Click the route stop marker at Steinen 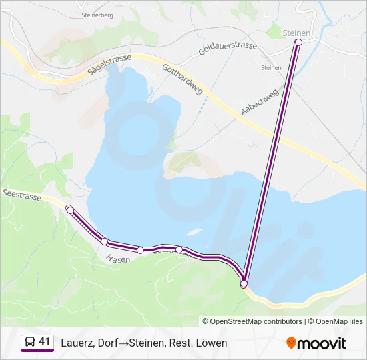[x=298, y=43]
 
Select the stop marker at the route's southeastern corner [x=244, y=284]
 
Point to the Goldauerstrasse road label [x=227, y=46]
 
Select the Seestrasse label [x=22, y=197]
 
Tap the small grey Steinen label [x=270, y=67]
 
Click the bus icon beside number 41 [x=30, y=342]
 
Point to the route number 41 [x=45, y=342]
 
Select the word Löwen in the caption [x=212, y=343]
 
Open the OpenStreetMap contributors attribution [x=252, y=321]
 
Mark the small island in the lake [x=195, y=232]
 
